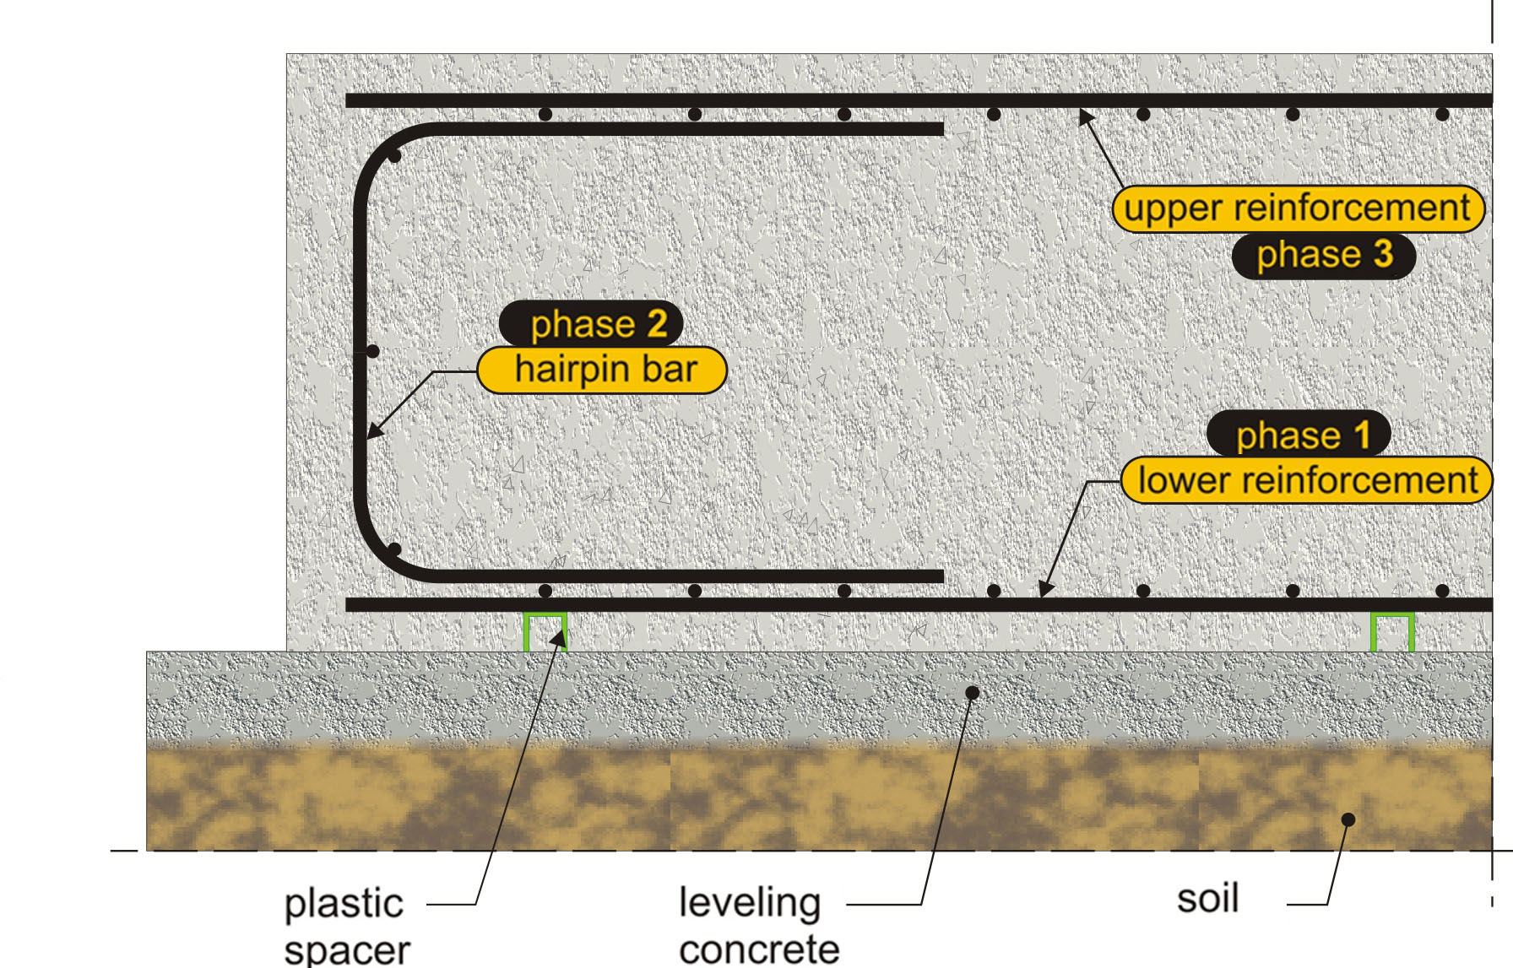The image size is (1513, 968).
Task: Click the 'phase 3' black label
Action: click(x=1322, y=255)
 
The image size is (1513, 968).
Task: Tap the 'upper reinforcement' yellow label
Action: click(x=1297, y=208)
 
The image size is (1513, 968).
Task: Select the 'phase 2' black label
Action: click(x=590, y=324)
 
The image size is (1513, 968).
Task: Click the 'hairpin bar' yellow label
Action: click(x=602, y=370)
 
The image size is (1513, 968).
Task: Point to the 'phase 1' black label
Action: click(x=1299, y=435)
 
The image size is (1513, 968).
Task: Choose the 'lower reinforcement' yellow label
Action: click(x=1306, y=480)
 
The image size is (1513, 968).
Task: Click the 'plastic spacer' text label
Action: click(x=346, y=925)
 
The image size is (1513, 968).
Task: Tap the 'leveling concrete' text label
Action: click(x=757, y=925)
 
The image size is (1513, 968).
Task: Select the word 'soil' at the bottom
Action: click(x=1207, y=898)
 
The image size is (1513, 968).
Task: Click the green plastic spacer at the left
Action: click(x=545, y=631)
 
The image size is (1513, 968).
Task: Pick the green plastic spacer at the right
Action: click(x=1391, y=631)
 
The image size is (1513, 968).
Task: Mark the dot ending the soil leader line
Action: click(x=1348, y=819)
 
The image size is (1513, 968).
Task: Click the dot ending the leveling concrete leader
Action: click(x=972, y=693)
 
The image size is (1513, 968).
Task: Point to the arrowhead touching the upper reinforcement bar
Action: click(x=1085, y=116)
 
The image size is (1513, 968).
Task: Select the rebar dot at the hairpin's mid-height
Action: click(x=373, y=351)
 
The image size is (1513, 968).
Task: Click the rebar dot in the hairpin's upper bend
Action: click(x=394, y=156)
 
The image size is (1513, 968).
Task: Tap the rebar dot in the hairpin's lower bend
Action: click(x=393, y=549)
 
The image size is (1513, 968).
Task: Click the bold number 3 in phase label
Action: click(x=1382, y=254)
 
